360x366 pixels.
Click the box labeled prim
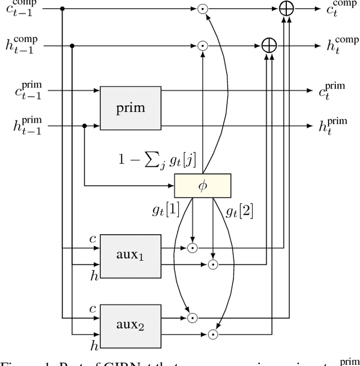[130, 108]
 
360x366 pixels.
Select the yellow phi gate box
[202, 186]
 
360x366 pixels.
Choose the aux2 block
[130, 325]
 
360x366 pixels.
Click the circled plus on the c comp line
[286, 9]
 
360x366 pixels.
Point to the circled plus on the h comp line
[269, 46]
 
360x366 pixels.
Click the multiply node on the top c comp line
[202, 9]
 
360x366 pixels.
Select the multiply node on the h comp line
[202, 46]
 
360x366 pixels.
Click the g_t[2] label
[238, 212]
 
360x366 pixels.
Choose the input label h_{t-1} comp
[25, 46]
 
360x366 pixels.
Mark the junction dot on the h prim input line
[84, 127]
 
